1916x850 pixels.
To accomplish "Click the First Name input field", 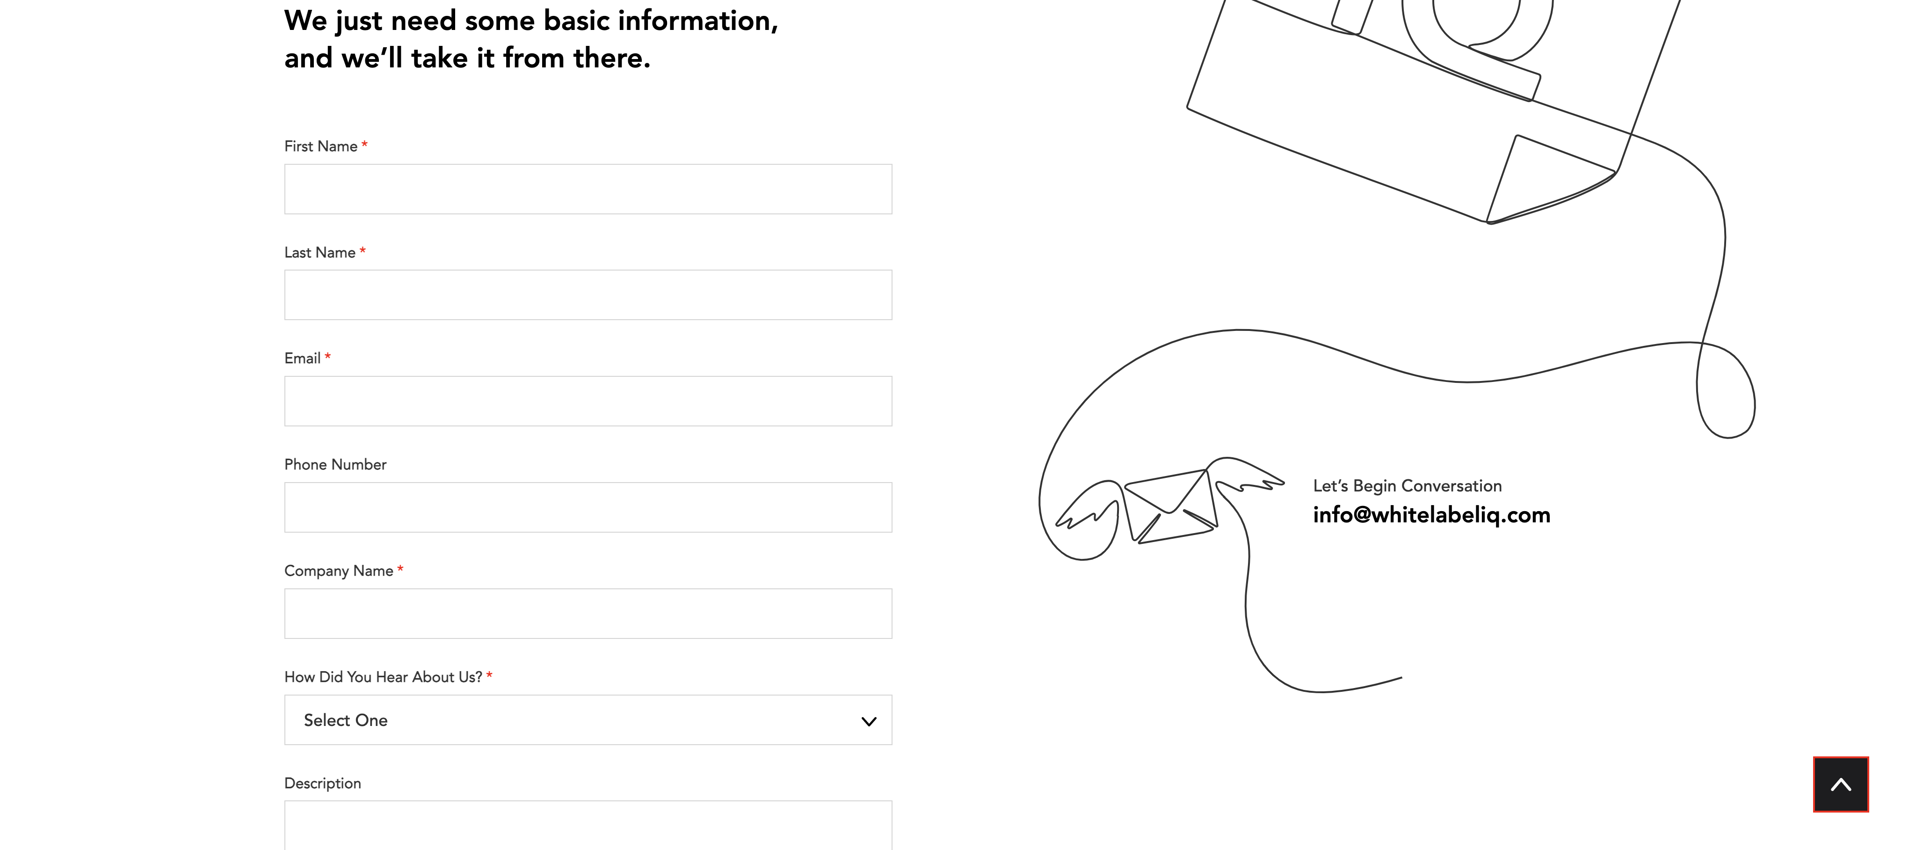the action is tap(588, 189).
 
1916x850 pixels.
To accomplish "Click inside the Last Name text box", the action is tap(588, 295).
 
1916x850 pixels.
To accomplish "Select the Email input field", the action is tap(588, 401).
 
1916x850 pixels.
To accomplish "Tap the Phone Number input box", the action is tap(588, 507).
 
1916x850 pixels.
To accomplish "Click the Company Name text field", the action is tap(588, 613).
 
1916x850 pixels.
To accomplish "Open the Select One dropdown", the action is tap(588, 720).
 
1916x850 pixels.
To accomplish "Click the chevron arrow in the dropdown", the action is tap(869, 721).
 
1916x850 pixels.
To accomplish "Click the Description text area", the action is tap(588, 826).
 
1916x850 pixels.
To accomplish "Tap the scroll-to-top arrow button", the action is tap(1841, 784).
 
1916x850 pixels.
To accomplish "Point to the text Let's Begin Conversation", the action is tap(1407, 486).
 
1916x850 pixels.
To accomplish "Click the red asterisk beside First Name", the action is tap(364, 144).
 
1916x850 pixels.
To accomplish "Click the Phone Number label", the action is tap(335, 464).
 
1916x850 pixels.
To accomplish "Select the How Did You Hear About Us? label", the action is tap(383, 676).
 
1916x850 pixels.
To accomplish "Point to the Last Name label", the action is tap(320, 252).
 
